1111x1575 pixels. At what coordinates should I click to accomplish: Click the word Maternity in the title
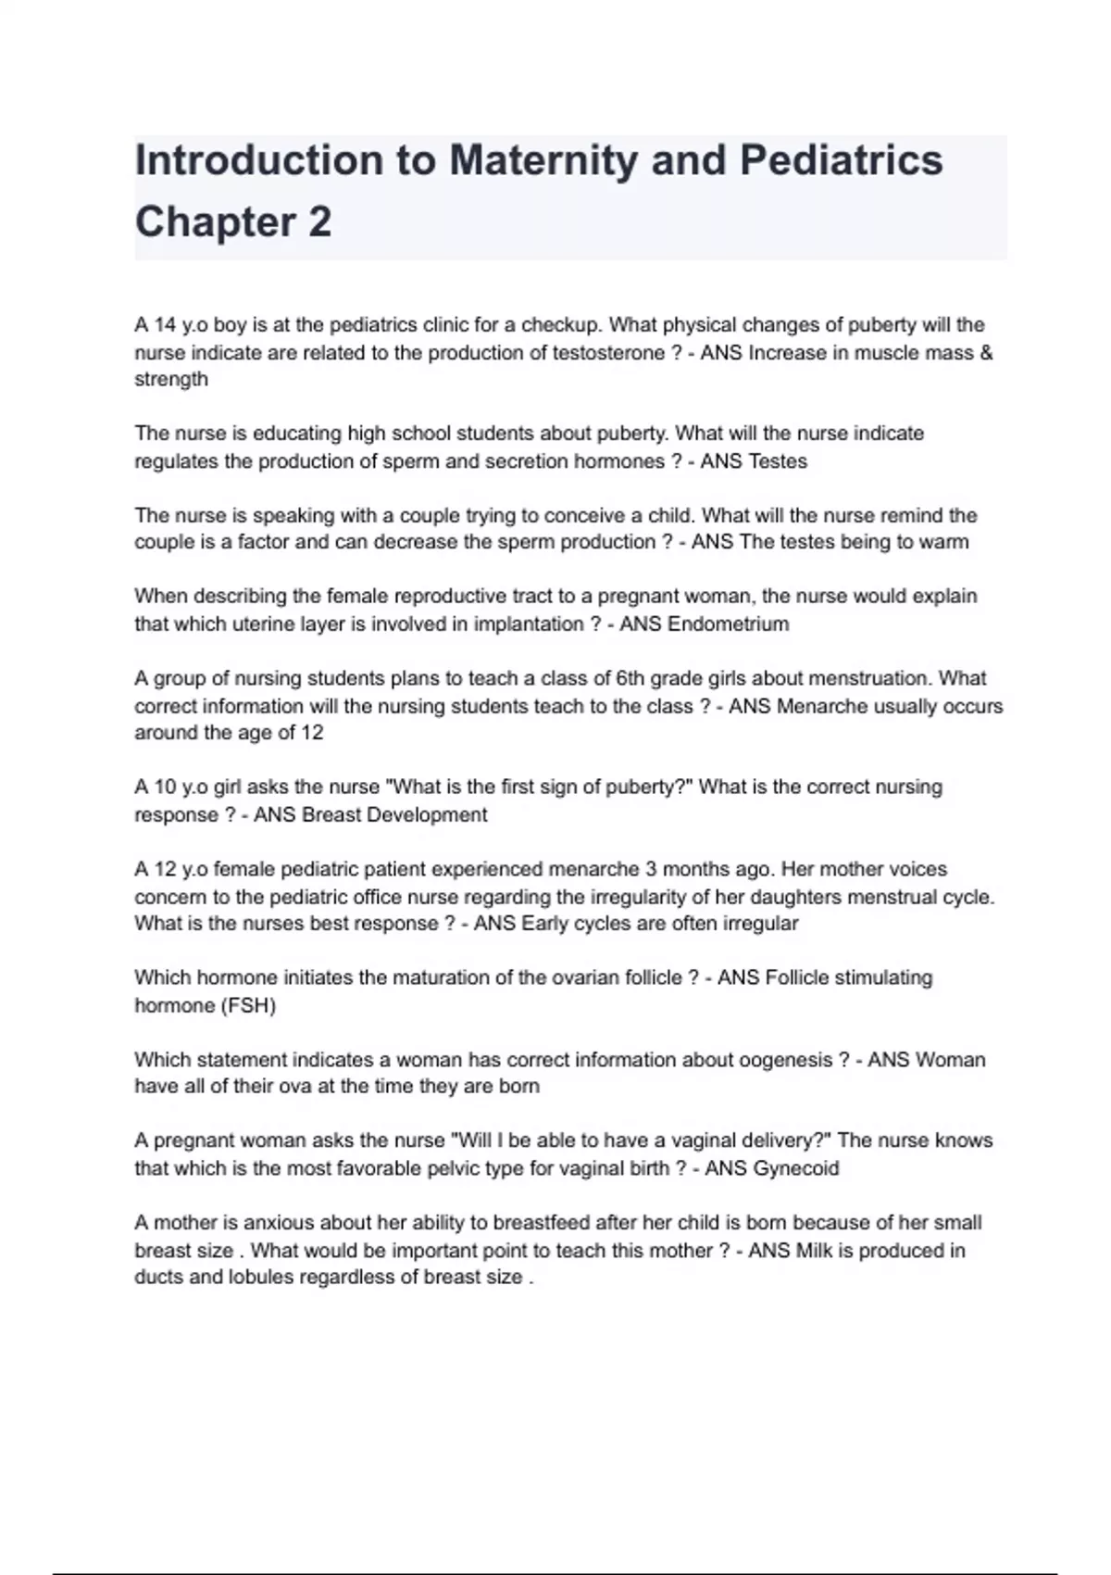click(x=543, y=160)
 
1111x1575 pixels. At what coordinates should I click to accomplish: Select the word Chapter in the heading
click(x=216, y=222)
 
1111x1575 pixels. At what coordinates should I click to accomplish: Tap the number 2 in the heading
click(x=319, y=222)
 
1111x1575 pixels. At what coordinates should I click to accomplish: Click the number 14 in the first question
click(x=165, y=325)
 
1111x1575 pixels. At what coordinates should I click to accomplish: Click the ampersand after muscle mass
click(x=986, y=353)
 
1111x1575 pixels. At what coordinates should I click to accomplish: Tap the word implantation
click(x=529, y=624)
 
